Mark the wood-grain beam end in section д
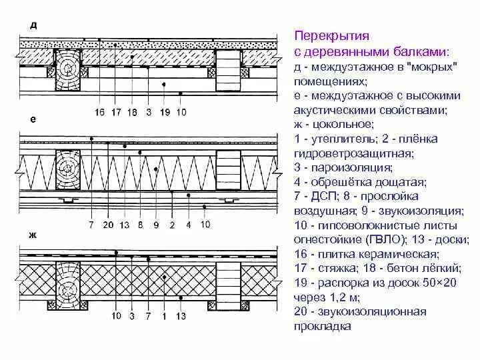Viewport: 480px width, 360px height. pyautogui.click(x=67, y=69)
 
